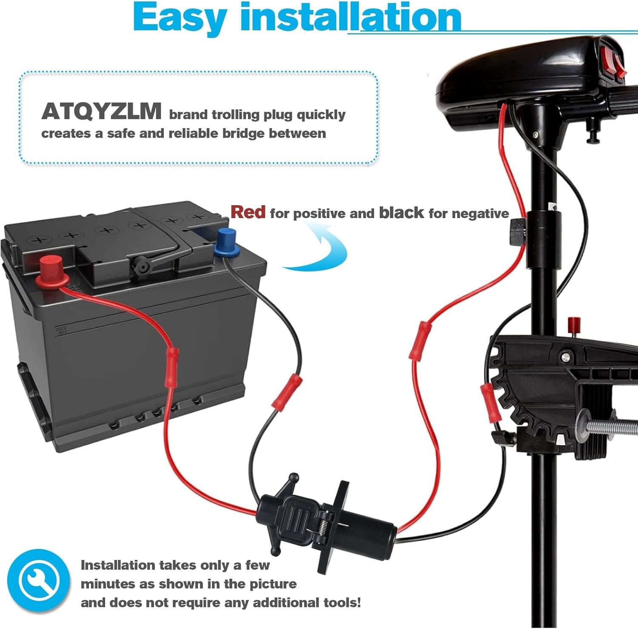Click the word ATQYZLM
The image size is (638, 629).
[101, 112]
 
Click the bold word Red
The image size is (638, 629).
[248, 212]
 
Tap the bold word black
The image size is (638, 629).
[401, 213]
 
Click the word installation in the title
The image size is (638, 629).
[350, 18]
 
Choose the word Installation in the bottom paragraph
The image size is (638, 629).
[118, 565]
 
